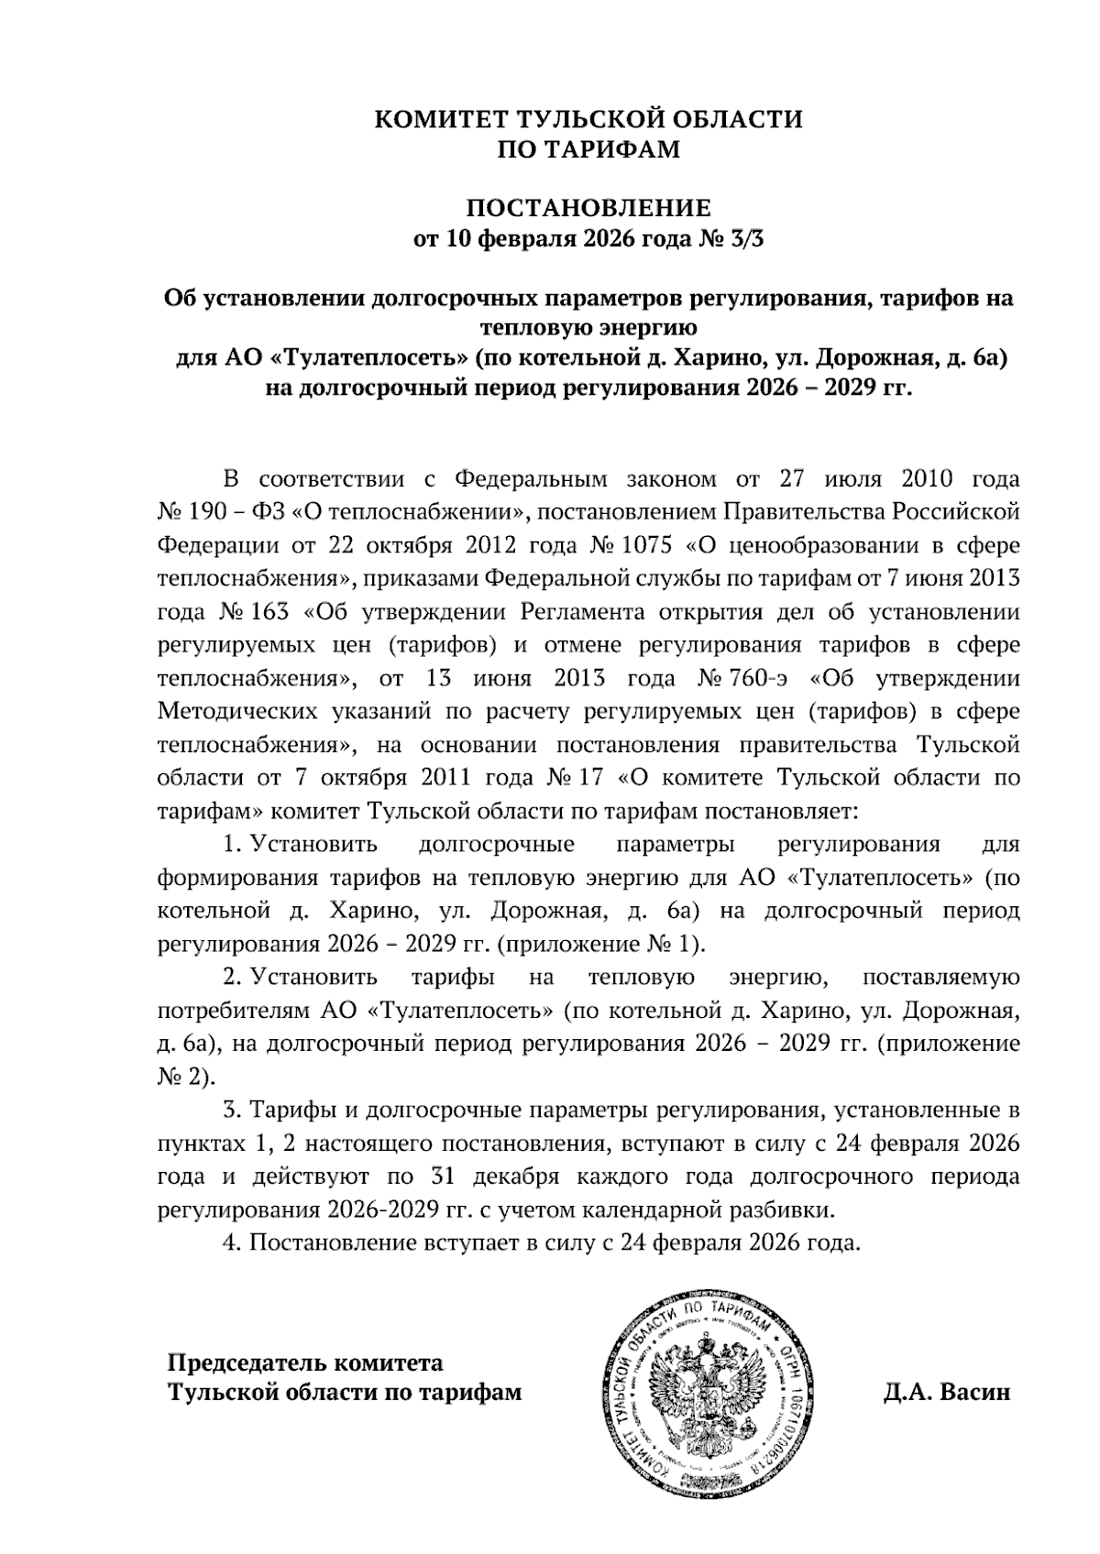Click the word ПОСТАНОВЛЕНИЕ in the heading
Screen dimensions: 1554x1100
tap(589, 207)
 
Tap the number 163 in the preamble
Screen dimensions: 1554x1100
tap(271, 612)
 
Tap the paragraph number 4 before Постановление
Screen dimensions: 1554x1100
tap(231, 1243)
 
